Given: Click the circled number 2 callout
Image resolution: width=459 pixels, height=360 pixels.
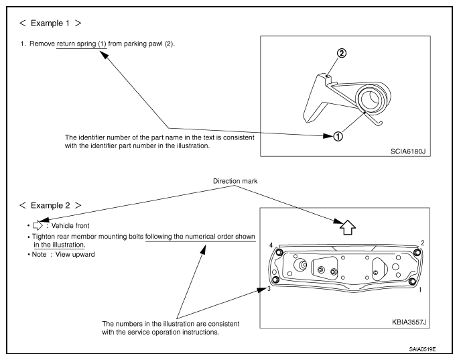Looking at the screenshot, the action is pos(341,54).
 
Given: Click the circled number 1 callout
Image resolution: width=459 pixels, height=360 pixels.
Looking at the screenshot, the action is pos(338,136).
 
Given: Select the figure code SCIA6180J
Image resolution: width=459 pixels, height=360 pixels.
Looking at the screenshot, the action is pos(408,151).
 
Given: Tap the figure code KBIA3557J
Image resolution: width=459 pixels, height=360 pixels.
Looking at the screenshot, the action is pos(409,322).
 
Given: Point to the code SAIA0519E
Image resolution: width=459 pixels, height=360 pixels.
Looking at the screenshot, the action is pos(422,349).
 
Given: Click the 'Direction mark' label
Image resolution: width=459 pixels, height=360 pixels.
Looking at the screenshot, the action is pos(235,181).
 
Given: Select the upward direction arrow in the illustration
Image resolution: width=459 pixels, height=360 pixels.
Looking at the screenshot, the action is pos(348,227).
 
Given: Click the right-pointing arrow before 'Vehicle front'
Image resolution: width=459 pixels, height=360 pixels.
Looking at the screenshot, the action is pos(38,225).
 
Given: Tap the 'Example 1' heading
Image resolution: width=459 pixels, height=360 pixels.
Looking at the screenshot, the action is pos(50,23).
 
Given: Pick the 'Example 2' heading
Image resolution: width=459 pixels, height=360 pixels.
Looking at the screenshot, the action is pos(50,205).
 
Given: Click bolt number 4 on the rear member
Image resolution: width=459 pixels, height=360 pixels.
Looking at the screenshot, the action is pos(279,252).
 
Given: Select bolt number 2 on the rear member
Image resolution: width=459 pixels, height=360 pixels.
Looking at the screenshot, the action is pos(417,252).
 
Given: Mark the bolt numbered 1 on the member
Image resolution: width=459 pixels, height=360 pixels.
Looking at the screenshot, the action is pos(412,282).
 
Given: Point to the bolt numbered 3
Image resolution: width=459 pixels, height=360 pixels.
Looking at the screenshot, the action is pos(275,280).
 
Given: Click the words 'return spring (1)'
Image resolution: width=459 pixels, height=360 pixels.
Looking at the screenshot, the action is pos(81,44).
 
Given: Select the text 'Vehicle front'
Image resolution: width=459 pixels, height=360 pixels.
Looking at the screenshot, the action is pos(70,225).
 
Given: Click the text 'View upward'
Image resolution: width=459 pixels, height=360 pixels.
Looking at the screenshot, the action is pos(75,254).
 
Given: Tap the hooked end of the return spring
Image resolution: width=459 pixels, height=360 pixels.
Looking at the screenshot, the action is pos(379,124).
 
